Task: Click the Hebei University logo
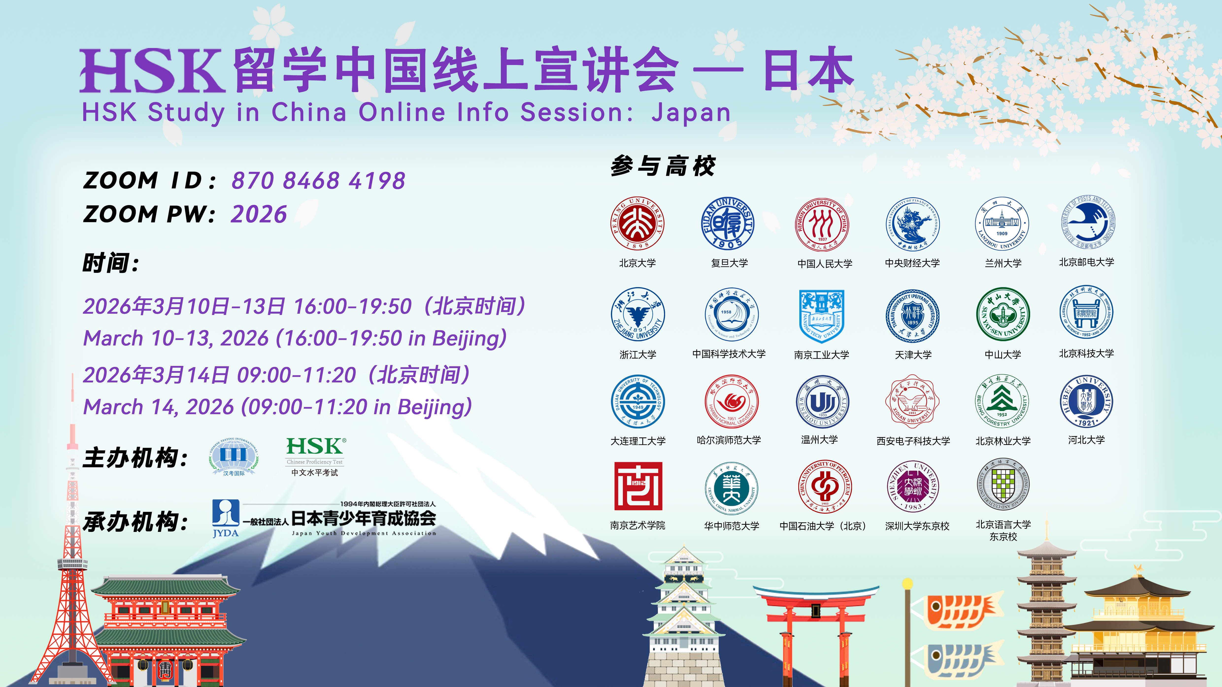coord(1086,402)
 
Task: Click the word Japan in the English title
coord(691,113)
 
